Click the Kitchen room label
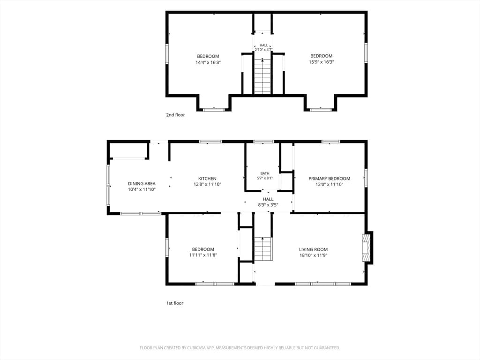coord(207,179)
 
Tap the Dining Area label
coord(142,184)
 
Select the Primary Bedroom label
coord(330,179)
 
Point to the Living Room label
coord(313,249)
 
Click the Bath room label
coord(265,173)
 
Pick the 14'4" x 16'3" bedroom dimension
coord(208,62)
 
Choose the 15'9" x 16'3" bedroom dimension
coord(322,62)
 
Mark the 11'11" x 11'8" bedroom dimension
coord(203,255)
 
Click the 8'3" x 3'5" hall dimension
coord(268,205)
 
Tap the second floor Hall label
coord(263,45)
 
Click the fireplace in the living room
coord(366,248)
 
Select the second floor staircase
coord(262,76)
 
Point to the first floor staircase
coord(263,248)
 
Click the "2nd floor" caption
coord(175,115)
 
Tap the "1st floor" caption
coord(175,303)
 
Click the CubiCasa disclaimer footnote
coord(240,348)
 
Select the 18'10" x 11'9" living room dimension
coord(314,255)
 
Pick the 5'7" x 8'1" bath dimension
coord(265,178)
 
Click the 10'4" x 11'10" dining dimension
coord(142,189)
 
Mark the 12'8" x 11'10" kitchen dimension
coord(207,184)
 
